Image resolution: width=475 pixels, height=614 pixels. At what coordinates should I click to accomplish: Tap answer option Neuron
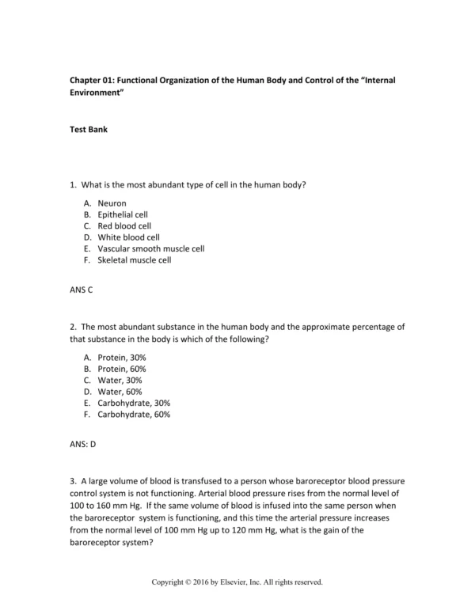pos(112,203)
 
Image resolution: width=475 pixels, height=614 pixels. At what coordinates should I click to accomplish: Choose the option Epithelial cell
pos(122,214)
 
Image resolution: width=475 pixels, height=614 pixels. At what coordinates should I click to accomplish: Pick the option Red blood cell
pos(124,226)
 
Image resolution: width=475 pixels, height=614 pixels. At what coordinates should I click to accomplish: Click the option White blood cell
pos(128,237)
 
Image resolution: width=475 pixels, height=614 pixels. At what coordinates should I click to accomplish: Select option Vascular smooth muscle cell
pos(150,248)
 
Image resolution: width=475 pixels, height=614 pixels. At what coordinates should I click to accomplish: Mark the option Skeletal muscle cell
pos(134,260)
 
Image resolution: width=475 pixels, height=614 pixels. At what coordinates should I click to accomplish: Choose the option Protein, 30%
pos(122,358)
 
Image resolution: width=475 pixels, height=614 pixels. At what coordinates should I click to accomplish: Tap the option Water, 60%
pos(120,392)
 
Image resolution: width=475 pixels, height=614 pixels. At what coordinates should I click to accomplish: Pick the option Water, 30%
pos(120,381)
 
